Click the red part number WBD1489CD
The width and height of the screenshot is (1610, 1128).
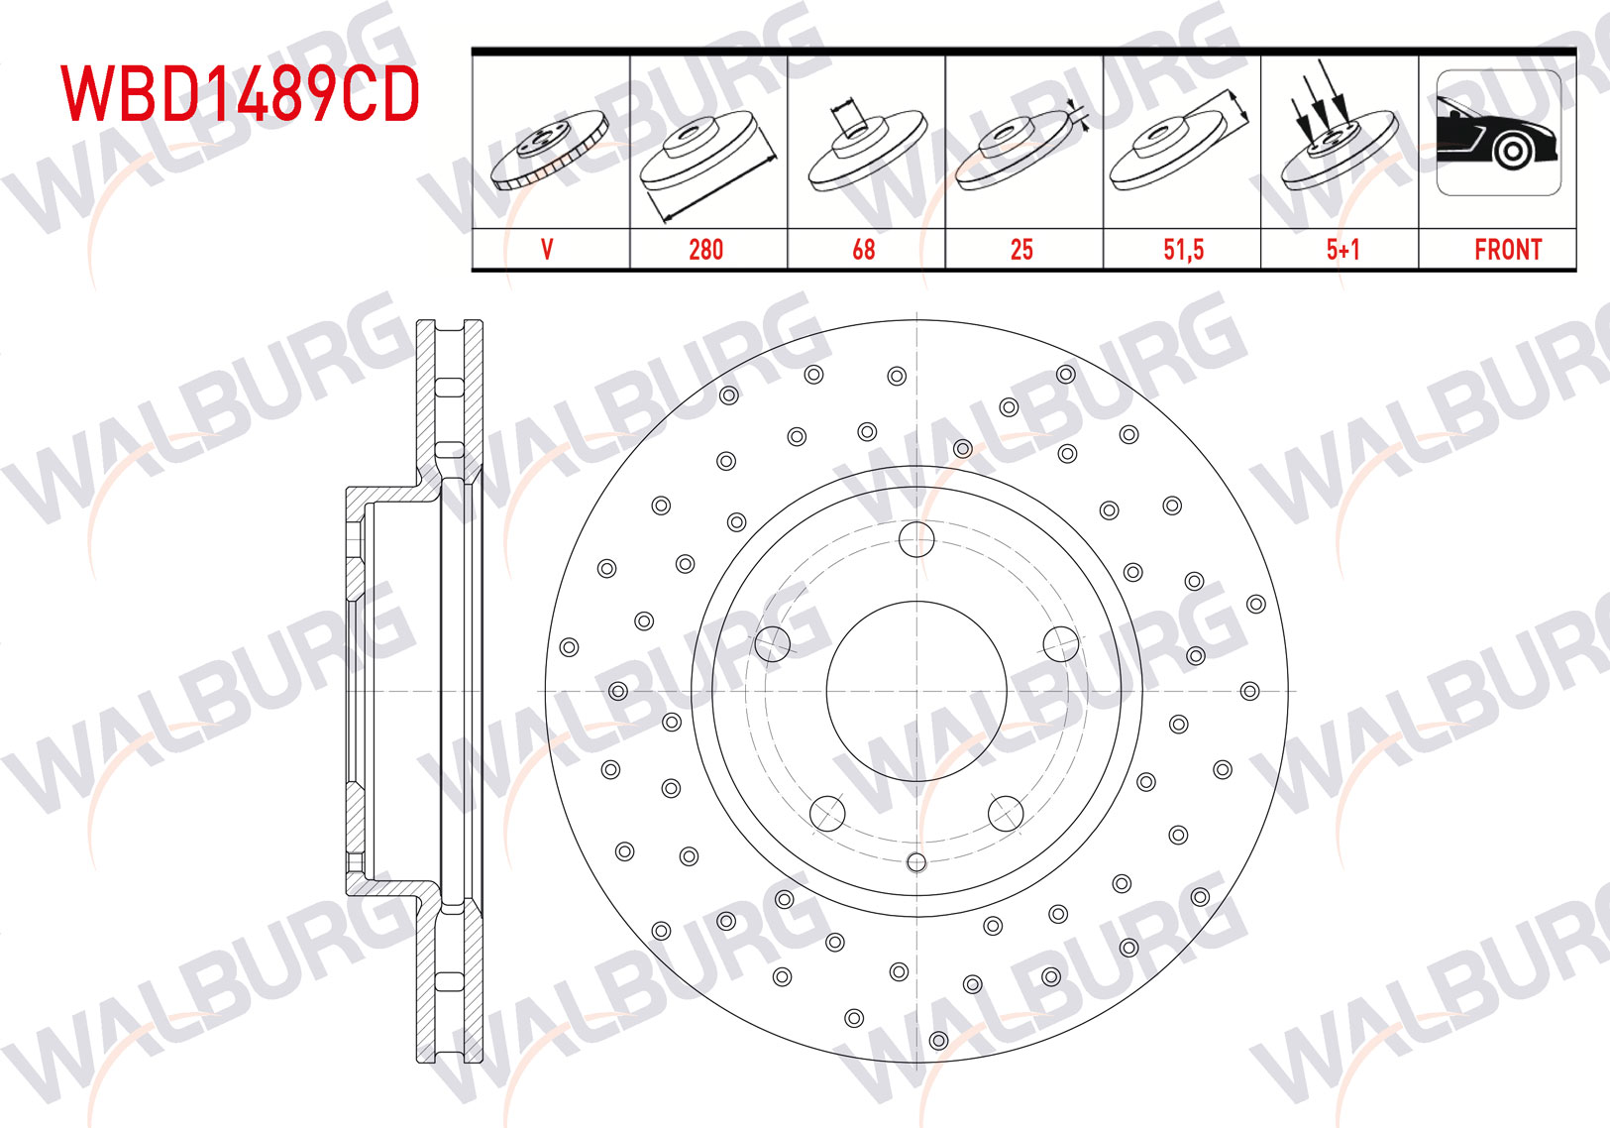tap(240, 94)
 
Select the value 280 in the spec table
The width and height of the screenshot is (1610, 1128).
tap(705, 250)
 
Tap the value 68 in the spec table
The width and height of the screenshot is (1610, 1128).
tap(864, 250)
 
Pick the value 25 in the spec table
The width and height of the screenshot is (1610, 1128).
tap(1021, 250)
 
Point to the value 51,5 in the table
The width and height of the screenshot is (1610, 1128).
tap(1183, 250)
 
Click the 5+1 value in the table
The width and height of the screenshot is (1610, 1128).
tap(1342, 250)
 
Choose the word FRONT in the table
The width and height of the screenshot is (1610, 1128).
tap(1508, 250)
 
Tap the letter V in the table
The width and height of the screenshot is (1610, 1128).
tap(547, 250)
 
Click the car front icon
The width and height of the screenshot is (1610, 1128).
tap(1499, 132)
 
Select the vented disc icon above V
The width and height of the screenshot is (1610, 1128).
tap(550, 151)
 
